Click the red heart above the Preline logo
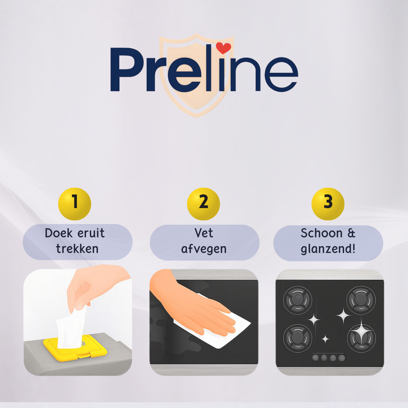coord(224,49)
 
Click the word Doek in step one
coord(59,233)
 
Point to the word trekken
coord(77,249)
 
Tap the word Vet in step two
coord(204,233)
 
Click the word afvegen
coord(204,249)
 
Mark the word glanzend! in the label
coord(328,249)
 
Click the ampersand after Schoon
coord(351,233)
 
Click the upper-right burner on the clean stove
coord(361,300)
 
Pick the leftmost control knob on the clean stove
coord(316,358)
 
